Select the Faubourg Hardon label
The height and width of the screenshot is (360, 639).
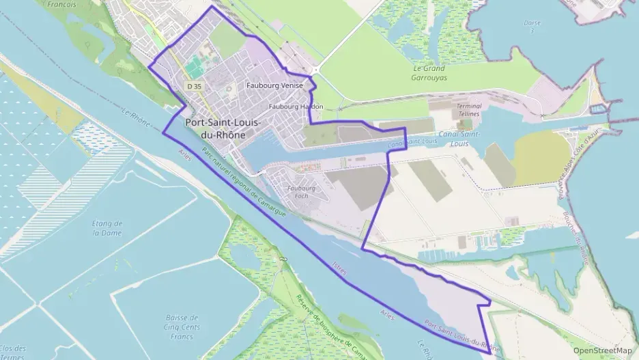(x=296, y=107)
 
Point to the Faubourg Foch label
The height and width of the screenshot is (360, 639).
(x=301, y=192)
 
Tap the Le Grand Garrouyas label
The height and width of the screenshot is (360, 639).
(x=429, y=73)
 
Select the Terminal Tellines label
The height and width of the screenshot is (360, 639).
(x=468, y=110)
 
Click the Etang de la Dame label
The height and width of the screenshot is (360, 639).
(x=108, y=227)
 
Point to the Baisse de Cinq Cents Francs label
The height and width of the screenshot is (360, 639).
(x=182, y=326)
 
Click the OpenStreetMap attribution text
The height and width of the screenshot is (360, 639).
(x=602, y=350)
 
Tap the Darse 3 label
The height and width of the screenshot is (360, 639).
(x=532, y=26)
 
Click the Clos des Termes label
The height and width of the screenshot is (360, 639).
(x=14, y=351)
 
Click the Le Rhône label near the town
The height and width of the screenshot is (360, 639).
(x=135, y=109)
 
